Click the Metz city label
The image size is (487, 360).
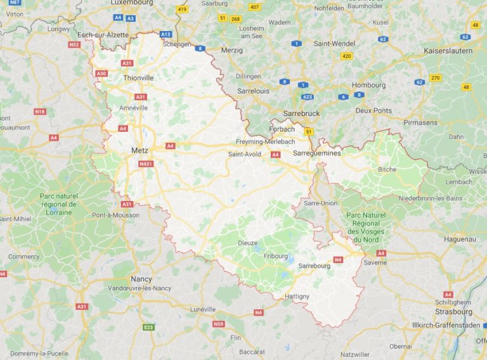point(138,151)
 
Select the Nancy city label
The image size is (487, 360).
point(140,279)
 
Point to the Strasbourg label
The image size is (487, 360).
point(453,312)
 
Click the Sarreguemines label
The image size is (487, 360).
point(317,153)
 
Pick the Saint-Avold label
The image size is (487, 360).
point(244,153)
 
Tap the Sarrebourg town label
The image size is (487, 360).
point(314,266)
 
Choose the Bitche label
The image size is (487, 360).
point(387,169)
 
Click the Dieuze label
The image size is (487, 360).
point(247,242)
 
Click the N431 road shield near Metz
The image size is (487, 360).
point(146,164)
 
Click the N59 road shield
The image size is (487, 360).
point(219,324)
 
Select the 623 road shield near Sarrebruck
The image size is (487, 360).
point(307,97)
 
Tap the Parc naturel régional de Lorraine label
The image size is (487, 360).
point(58,204)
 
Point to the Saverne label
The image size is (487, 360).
point(375,262)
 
